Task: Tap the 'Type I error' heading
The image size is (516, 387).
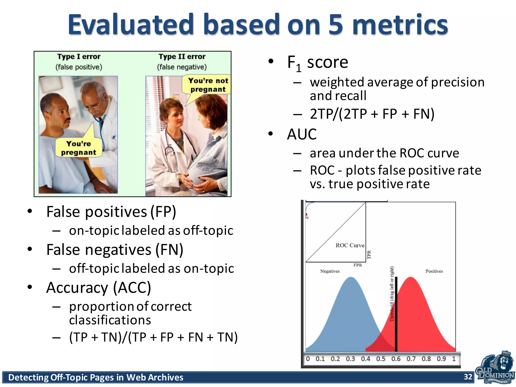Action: click(79, 56)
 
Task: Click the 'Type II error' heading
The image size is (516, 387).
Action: click(182, 56)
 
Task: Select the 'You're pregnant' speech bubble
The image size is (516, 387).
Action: click(79, 148)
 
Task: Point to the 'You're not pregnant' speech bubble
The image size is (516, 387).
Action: click(208, 85)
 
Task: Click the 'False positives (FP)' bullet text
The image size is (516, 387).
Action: click(111, 212)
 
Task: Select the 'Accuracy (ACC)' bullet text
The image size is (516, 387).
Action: click(99, 287)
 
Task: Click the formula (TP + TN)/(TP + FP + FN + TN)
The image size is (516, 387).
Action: click(153, 337)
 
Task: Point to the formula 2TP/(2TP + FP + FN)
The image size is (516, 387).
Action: click(372, 114)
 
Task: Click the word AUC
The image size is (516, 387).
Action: click(302, 134)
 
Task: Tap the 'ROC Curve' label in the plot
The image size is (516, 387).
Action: click(350, 245)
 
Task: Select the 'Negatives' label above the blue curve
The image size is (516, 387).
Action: click(330, 271)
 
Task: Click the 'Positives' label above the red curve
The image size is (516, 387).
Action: click(434, 271)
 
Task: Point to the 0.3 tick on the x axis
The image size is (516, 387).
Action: click(350, 359)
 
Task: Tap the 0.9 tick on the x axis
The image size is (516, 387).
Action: click(441, 359)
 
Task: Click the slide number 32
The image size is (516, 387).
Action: click(468, 377)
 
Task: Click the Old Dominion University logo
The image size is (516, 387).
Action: click(495, 368)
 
